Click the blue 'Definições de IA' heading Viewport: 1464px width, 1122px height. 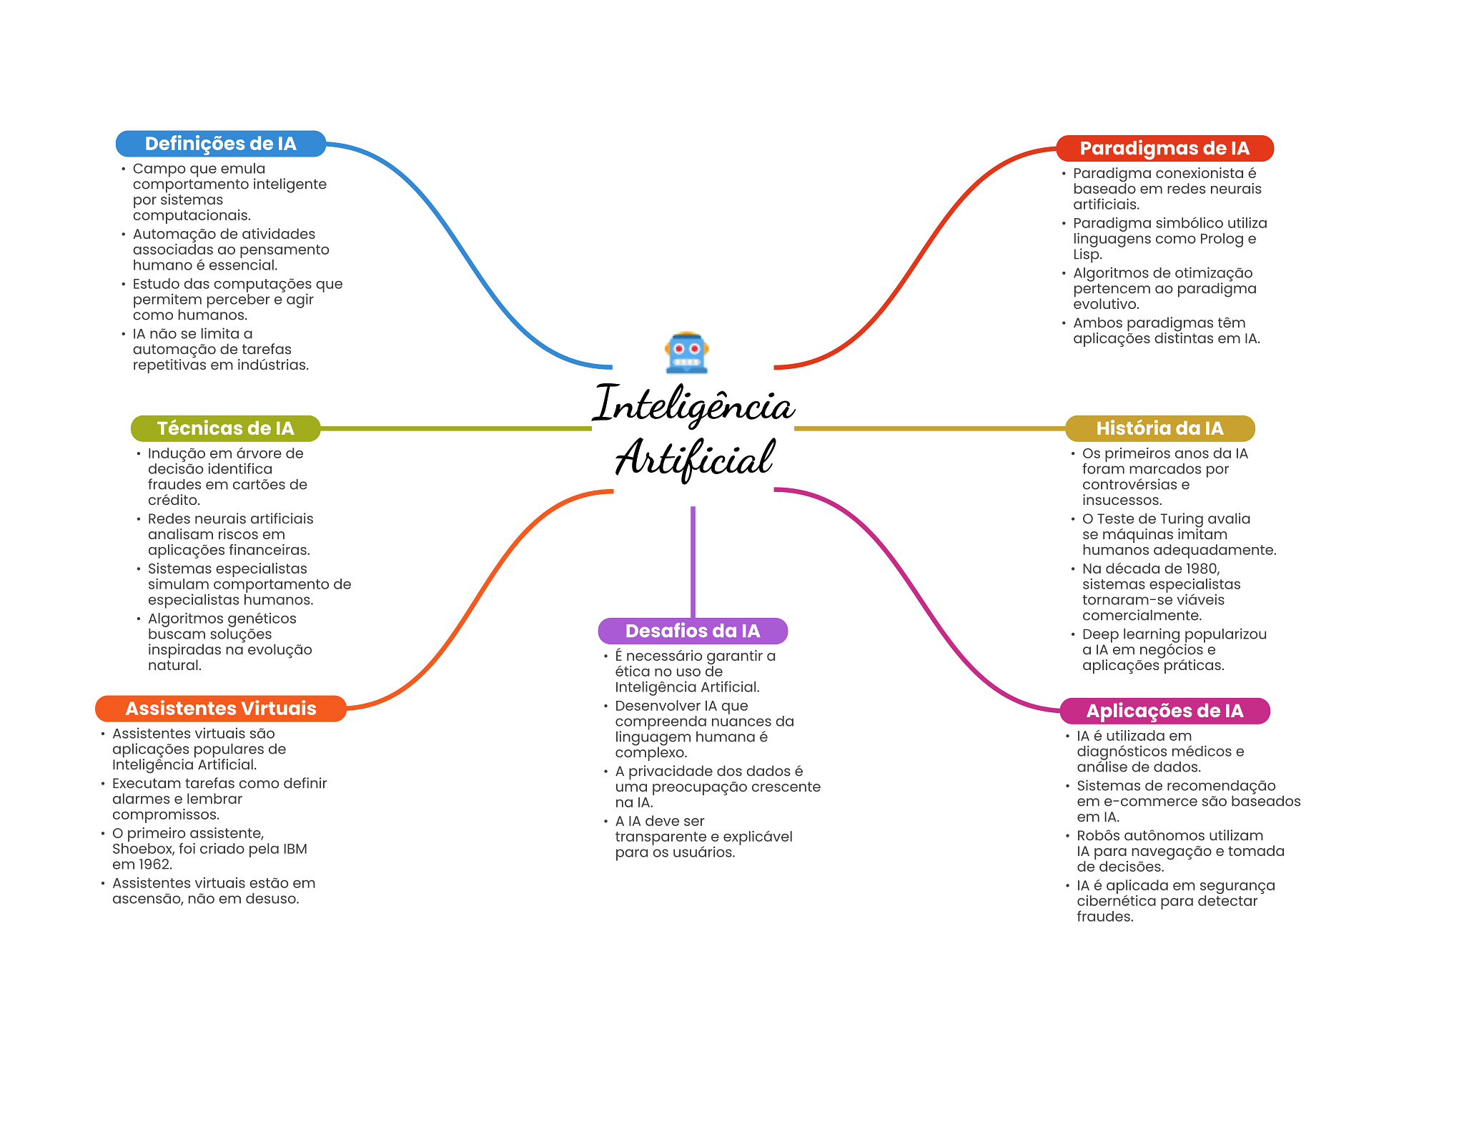[220, 144]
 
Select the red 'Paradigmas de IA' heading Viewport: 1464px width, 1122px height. [1164, 148]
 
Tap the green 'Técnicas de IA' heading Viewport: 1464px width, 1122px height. [225, 428]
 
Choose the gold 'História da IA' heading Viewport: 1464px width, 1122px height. [1159, 428]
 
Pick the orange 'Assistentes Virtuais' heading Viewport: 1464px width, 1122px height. [220, 709]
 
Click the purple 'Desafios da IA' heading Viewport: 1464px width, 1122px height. [693, 631]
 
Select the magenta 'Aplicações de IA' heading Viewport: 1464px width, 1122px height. [1164, 711]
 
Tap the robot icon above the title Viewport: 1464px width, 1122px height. [686, 353]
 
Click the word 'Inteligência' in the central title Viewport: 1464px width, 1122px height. [693, 405]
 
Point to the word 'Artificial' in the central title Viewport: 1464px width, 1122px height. [694, 458]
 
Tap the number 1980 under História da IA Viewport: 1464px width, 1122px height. [1201, 569]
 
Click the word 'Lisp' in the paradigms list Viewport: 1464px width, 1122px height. [1086, 255]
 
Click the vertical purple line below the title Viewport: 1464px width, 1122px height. [693, 561]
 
